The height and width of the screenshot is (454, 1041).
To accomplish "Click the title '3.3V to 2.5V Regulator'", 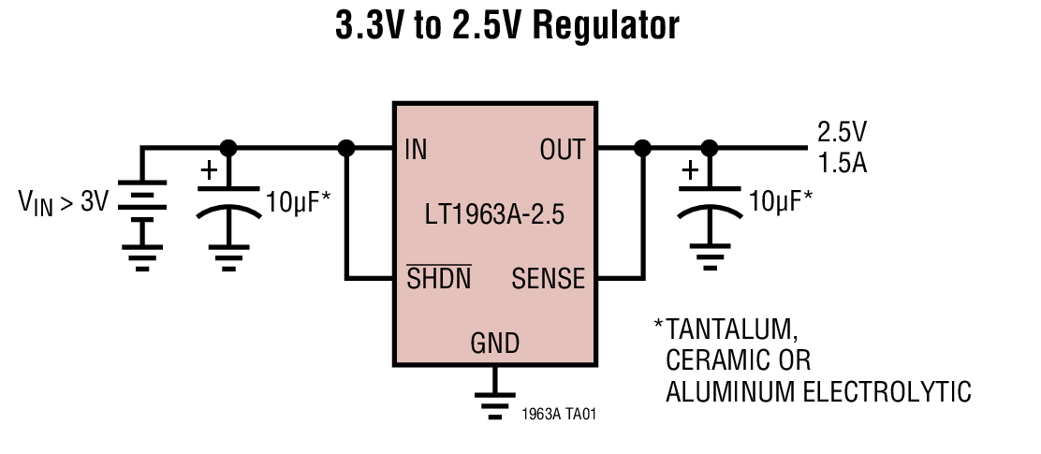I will (506, 26).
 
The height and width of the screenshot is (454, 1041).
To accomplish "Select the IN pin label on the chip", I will (416, 150).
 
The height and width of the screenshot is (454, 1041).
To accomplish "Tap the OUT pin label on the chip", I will (562, 150).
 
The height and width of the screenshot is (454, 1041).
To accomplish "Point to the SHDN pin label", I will (438, 278).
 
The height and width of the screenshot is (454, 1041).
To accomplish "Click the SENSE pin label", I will (548, 278).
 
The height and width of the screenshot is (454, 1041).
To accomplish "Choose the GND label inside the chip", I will (494, 343).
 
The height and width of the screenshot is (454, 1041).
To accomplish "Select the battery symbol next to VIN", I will (142, 201).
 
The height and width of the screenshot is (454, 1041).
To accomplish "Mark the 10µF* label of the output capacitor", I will (781, 199).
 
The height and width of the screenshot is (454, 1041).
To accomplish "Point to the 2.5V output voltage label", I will (842, 131).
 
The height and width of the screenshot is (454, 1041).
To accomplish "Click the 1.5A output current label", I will (842, 163).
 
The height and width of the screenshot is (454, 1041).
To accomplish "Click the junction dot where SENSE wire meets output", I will (642, 148).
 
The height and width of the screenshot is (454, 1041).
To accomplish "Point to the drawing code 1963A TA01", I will (558, 412).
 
